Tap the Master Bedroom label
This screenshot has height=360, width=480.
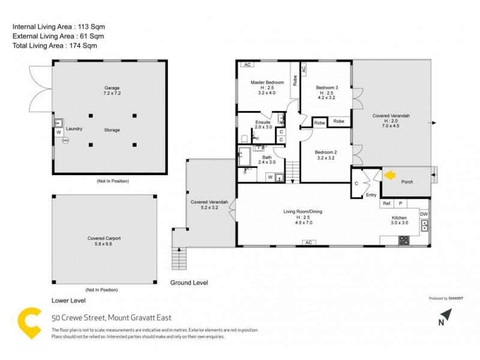[267, 82]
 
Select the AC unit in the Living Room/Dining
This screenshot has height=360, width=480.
[308, 242]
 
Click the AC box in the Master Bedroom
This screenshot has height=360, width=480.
[247, 65]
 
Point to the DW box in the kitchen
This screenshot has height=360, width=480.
[424, 214]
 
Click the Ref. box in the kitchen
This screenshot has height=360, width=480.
[387, 204]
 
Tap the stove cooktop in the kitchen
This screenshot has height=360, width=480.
[404, 240]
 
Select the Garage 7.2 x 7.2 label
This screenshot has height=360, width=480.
[112, 91]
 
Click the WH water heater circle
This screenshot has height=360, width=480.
[66, 141]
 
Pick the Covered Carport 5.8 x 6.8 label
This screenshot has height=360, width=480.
[104, 241]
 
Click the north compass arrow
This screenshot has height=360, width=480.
[445, 315]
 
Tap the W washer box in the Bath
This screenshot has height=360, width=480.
[270, 177]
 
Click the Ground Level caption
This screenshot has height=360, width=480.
[189, 282]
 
